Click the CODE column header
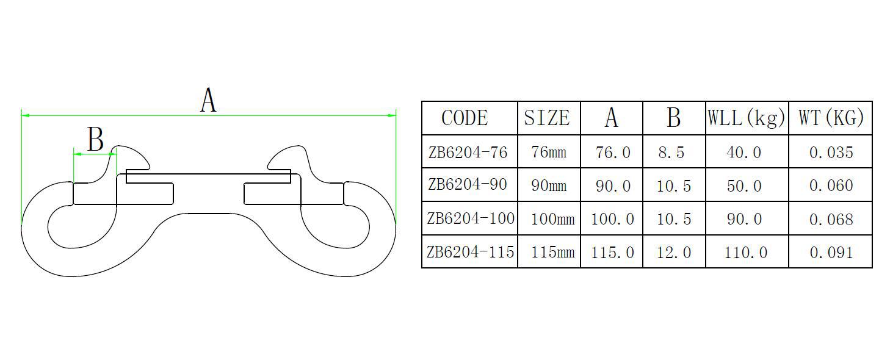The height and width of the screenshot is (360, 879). coord(465,118)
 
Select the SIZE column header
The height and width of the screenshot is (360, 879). coord(547,118)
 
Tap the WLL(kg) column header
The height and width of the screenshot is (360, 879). coord(746,118)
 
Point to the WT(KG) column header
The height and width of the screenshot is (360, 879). coord(831,118)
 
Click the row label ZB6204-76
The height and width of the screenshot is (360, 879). coord(468,152)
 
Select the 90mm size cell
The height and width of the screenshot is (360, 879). coord(549,185)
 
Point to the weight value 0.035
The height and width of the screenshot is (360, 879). coord(831,153)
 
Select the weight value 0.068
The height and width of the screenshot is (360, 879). coord(831,219)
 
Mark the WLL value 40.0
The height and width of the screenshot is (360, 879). coord(744,153)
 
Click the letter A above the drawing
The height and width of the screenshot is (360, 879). coord(208,101)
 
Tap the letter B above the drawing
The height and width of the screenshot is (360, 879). coord(95,139)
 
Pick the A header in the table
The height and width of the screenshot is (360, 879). coord(611,118)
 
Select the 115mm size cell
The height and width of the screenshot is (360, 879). coord(552,252)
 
